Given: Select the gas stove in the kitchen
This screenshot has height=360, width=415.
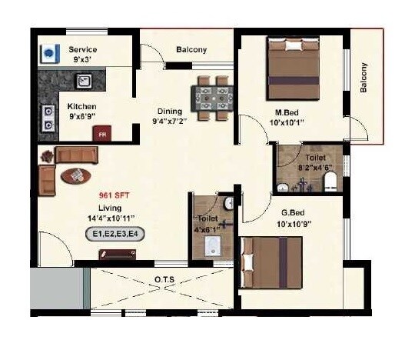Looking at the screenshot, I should coord(48,115).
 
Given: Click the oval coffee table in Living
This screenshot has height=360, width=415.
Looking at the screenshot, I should coord(78,175).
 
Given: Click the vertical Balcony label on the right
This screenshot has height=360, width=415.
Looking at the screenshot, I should coord(364,77).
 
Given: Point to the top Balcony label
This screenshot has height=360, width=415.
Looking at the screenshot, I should coord(191,50).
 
